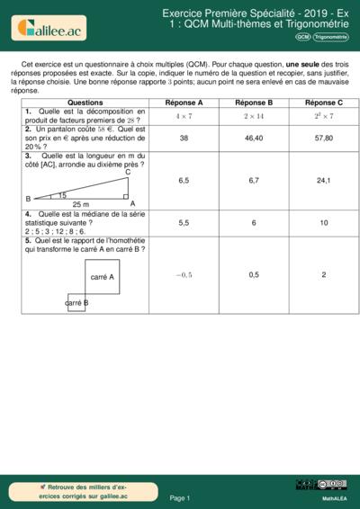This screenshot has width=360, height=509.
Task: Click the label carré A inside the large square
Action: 103,277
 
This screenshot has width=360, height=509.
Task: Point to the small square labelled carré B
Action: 76,303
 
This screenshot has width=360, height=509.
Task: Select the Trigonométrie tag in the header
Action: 332,37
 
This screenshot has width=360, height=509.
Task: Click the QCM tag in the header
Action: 303,37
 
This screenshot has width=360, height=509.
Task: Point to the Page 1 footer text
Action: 180,497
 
